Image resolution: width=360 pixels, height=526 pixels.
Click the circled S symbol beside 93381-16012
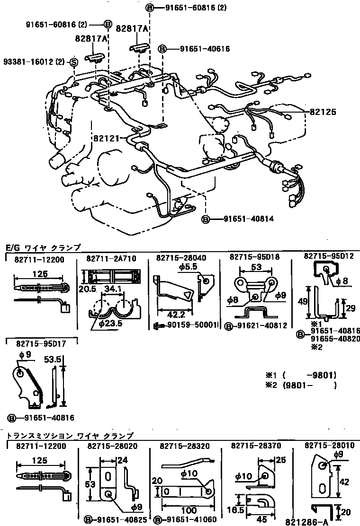73,62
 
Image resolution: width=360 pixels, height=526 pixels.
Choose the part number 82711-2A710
111,259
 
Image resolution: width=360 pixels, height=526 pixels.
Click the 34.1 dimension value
114,289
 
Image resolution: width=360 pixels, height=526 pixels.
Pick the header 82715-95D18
254,257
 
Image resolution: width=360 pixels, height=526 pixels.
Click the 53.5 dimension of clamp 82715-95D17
53,360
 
